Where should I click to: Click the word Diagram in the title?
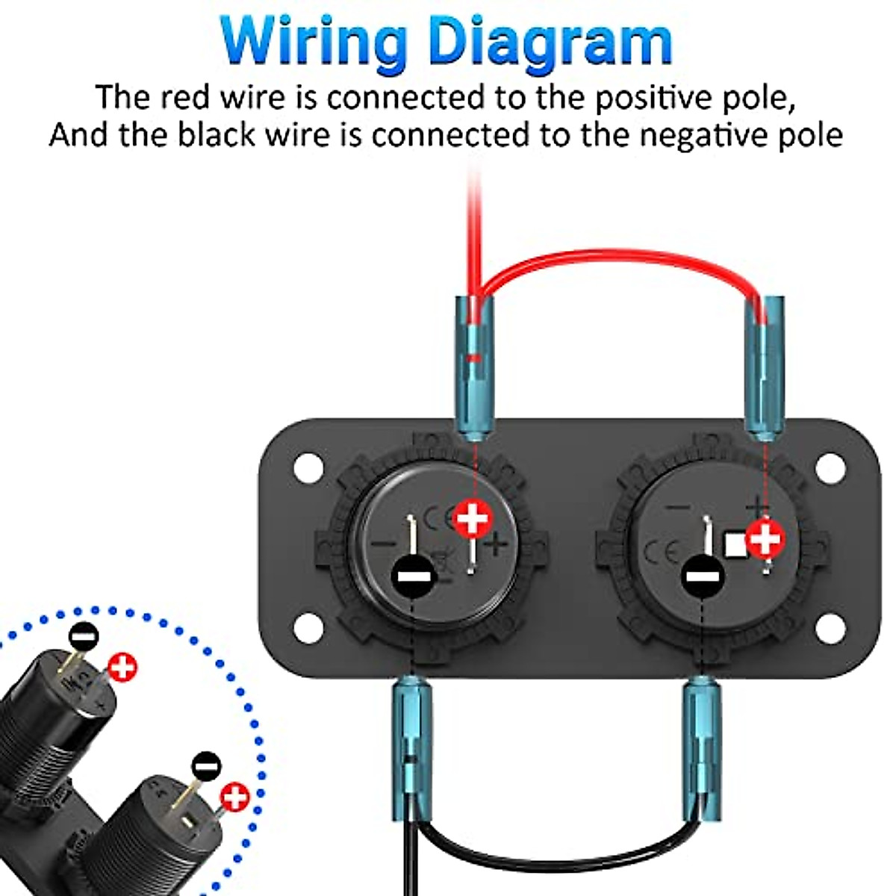point(552,41)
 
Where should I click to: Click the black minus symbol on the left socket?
point(412,576)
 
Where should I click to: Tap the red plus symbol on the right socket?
point(765,538)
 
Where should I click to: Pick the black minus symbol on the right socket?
point(702,576)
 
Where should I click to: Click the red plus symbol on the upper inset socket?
point(122,667)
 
